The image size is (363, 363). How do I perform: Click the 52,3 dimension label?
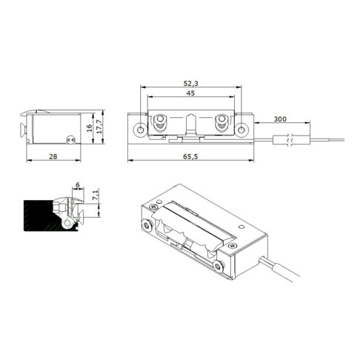pyautogui.click(x=190, y=84)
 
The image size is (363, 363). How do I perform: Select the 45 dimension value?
pyautogui.click(x=190, y=93)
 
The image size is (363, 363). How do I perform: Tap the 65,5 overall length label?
pyautogui.click(x=190, y=156)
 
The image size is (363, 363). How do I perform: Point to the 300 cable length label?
pyautogui.click(x=280, y=119)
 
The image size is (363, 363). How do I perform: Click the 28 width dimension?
pyautogui.click(x=53, y=156)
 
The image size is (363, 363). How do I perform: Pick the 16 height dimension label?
pyautogui.click(x=90, y=128)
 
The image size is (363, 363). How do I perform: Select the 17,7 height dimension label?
pyautogui.click(x=99, y=127)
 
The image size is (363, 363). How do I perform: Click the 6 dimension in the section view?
pyautogui.click(x=78, y=184)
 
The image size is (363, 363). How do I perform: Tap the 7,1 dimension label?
pyautogui.click(x=96, y=195)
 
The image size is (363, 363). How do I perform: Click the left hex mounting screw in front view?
pyautogui.click(x=140, y=130)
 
